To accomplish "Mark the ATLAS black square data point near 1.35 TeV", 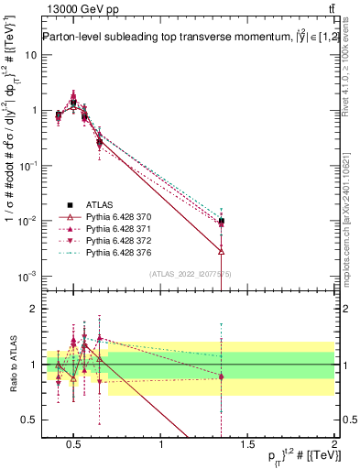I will (222, 221).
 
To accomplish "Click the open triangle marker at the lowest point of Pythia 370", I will (222, 249).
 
